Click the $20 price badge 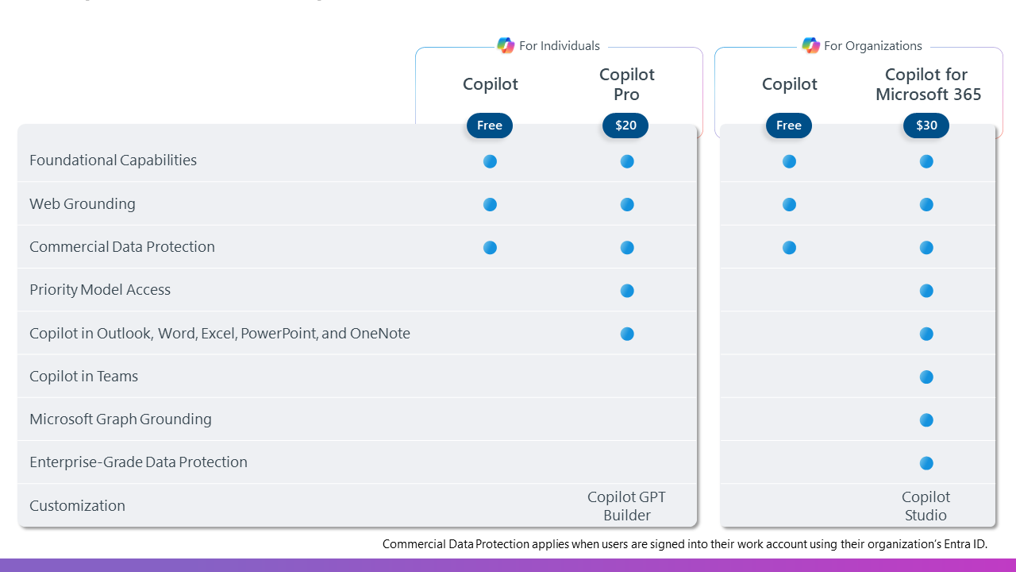[625, 126]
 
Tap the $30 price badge [926, 126]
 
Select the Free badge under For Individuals [490, 126]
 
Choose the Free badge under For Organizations [789, 126]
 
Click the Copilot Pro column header [626, 84]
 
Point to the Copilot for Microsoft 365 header [927, 84]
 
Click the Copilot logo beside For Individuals [506, 45]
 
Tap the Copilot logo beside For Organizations [810, 45]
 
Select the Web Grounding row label [83, 204]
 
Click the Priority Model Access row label [100, 290]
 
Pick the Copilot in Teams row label [83, 377]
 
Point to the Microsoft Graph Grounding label [121, 419]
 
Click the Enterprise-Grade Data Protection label [138, 462]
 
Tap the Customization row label [77, 506]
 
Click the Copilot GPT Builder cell [626, 506]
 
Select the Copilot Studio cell [926, 506]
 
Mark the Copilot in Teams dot [926, 377]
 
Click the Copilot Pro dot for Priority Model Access [627, 291]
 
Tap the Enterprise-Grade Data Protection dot [926, 463]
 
